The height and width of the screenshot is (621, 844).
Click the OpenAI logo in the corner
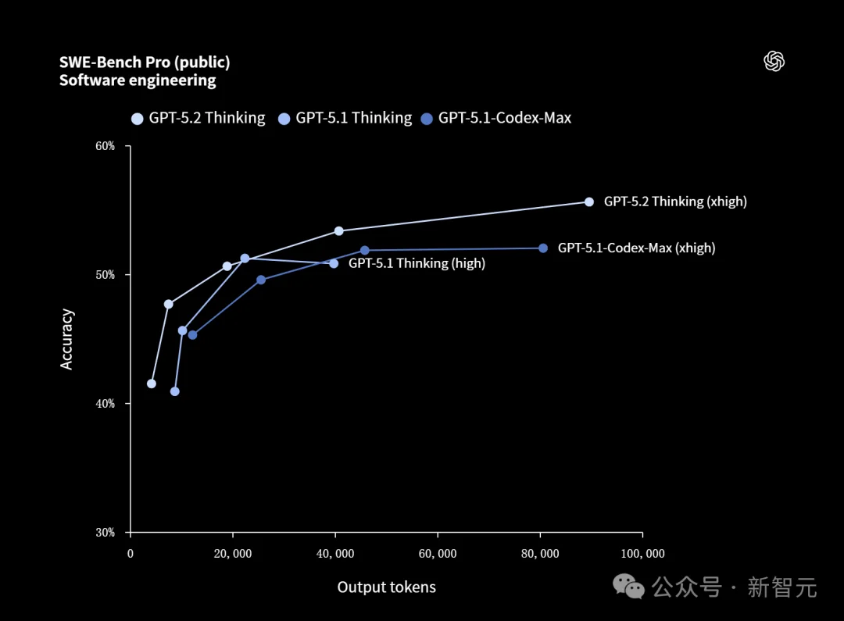[774, 62]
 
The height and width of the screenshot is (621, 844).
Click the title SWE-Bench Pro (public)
[145, 62]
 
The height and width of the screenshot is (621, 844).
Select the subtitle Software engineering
[138, 80]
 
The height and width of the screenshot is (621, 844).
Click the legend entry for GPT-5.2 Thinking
[198, 118]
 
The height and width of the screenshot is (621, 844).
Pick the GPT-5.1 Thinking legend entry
[345, 118]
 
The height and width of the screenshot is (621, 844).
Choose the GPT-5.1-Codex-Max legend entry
[496, 118]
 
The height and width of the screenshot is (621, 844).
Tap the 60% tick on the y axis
[105, 146]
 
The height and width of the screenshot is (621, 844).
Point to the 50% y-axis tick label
[105, 275]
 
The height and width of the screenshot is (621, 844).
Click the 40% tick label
[105, 404]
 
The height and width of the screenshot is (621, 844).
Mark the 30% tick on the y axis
[105, 533]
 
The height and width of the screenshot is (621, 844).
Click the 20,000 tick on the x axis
[232, 554]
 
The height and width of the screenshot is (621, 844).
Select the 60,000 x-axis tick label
[438, 554]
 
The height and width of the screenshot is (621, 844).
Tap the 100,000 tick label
[642, 554]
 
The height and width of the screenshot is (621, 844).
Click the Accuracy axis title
[67, 339]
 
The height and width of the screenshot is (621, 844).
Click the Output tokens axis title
[386, 587]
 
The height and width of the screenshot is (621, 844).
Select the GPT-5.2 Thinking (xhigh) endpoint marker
[589, 202]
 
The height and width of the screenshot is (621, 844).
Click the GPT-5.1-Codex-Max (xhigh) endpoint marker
[543, 248]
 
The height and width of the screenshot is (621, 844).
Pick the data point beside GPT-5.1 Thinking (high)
[334, 263]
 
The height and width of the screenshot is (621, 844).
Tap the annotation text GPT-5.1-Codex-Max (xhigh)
[636, 248]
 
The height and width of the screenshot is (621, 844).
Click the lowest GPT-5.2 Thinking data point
[152, 384]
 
